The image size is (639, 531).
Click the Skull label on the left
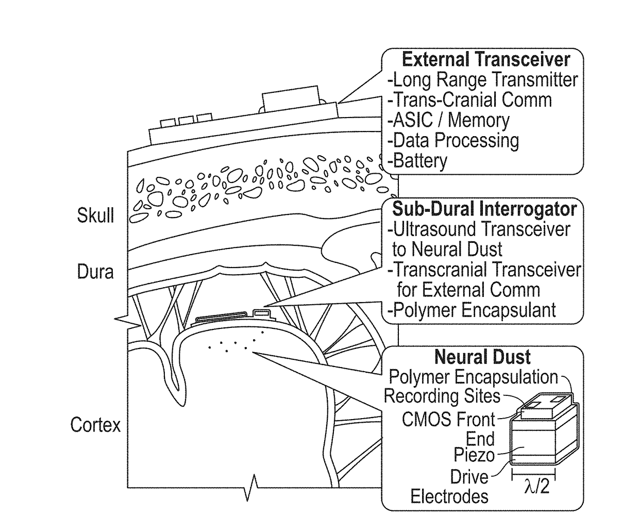pyautogui.click(x=95, y=215)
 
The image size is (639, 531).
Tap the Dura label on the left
pyautogui.click(x=95, y=271)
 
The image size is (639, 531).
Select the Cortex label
pyautogui.click(x=95, y=425)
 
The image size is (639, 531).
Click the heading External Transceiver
pyautogui.click(x=485, y=59)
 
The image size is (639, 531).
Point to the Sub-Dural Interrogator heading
pyautogui.click(x=484, y=209)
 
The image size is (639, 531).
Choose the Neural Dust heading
pyautogui.click(x=482, y=357)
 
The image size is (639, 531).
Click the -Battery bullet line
pyautogui.click(x=417, y=161)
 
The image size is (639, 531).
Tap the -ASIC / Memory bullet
pyautogui.click(x=448, y=120)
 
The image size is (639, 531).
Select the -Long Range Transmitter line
pyautogui.click(x=482, y=80)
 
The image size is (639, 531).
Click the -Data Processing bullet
pyautogui.click(x=453, y=140)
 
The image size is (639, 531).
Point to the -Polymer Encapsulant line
pyautogui.click(x=472, y=310)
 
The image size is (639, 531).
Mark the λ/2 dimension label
pyautogui.click(x=536, y=486)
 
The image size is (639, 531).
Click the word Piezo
pyautogui.click(x=474, y=455)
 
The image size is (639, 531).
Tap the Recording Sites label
pyautogui.click(x=442, y=396)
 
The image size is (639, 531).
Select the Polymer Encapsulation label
pyautogui.click(x=473, y=377)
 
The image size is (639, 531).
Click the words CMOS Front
pyautogui.click(x=448, y=419)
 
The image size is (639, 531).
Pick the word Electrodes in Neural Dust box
pyautogui.click(x=449, y=496)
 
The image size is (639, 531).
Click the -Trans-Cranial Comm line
pyautogui.click(x=469, y=100)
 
